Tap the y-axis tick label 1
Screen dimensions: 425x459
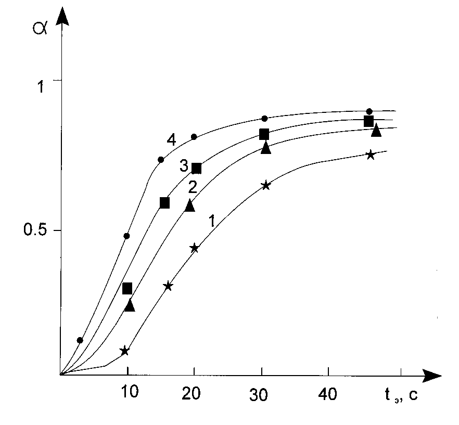[x=39, y=86]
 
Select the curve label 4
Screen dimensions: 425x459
[x=171, y=140]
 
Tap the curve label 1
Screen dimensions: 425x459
[x=212, y=222]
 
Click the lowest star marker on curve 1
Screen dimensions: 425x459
[x=124, y=351]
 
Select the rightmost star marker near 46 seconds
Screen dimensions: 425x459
[x=370, y=154]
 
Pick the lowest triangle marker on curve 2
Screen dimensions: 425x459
[x=130, y=305]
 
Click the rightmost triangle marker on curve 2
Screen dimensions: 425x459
[x=376, y=130]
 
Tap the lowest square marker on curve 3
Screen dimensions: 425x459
[x=127, y=288]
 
